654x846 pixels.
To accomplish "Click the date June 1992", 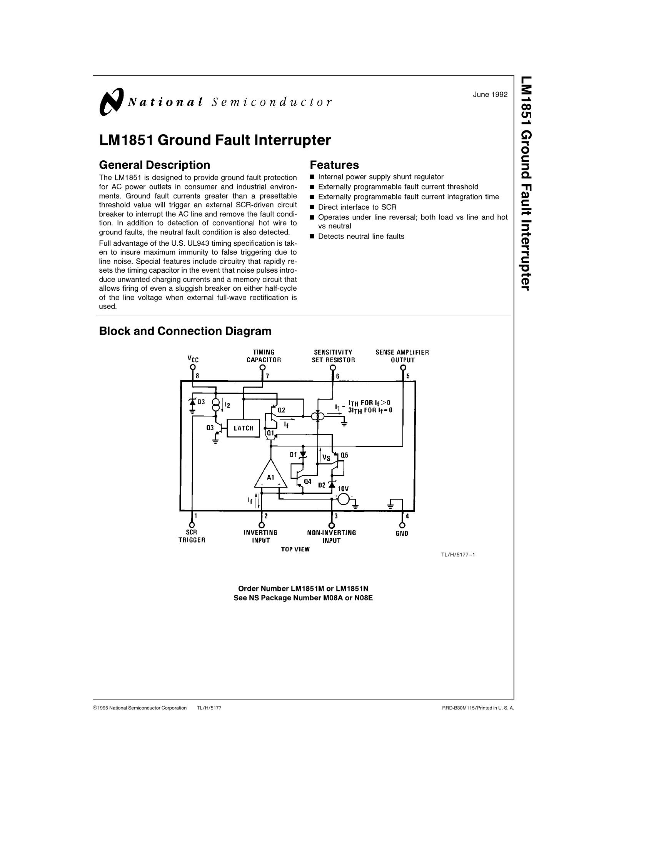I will coord(490,94).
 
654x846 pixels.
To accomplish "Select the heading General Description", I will coord(155,165).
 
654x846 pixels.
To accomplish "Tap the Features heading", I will coord(334,165).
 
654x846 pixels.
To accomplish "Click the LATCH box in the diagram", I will coord(243,428).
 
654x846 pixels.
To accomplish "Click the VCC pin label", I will coord(193,359).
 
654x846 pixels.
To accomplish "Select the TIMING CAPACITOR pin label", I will coord(264,356).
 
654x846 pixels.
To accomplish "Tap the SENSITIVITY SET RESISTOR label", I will coord(333,356).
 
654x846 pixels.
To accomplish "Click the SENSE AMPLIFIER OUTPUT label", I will coord(402,356).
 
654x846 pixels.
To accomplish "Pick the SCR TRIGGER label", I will coord(192,536).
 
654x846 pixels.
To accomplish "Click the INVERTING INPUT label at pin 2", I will coord(261,536).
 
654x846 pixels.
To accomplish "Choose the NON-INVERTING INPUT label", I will coord(331,536).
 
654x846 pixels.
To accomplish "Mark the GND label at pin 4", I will coord(402,533).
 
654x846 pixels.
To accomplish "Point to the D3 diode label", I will coord(201,402).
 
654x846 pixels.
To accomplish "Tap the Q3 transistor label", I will coord(210,428).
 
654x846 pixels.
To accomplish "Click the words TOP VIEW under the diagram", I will coord(295,549).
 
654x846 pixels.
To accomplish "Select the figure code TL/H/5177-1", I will coord(457,555).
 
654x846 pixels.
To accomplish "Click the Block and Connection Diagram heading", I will coord(185,331).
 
